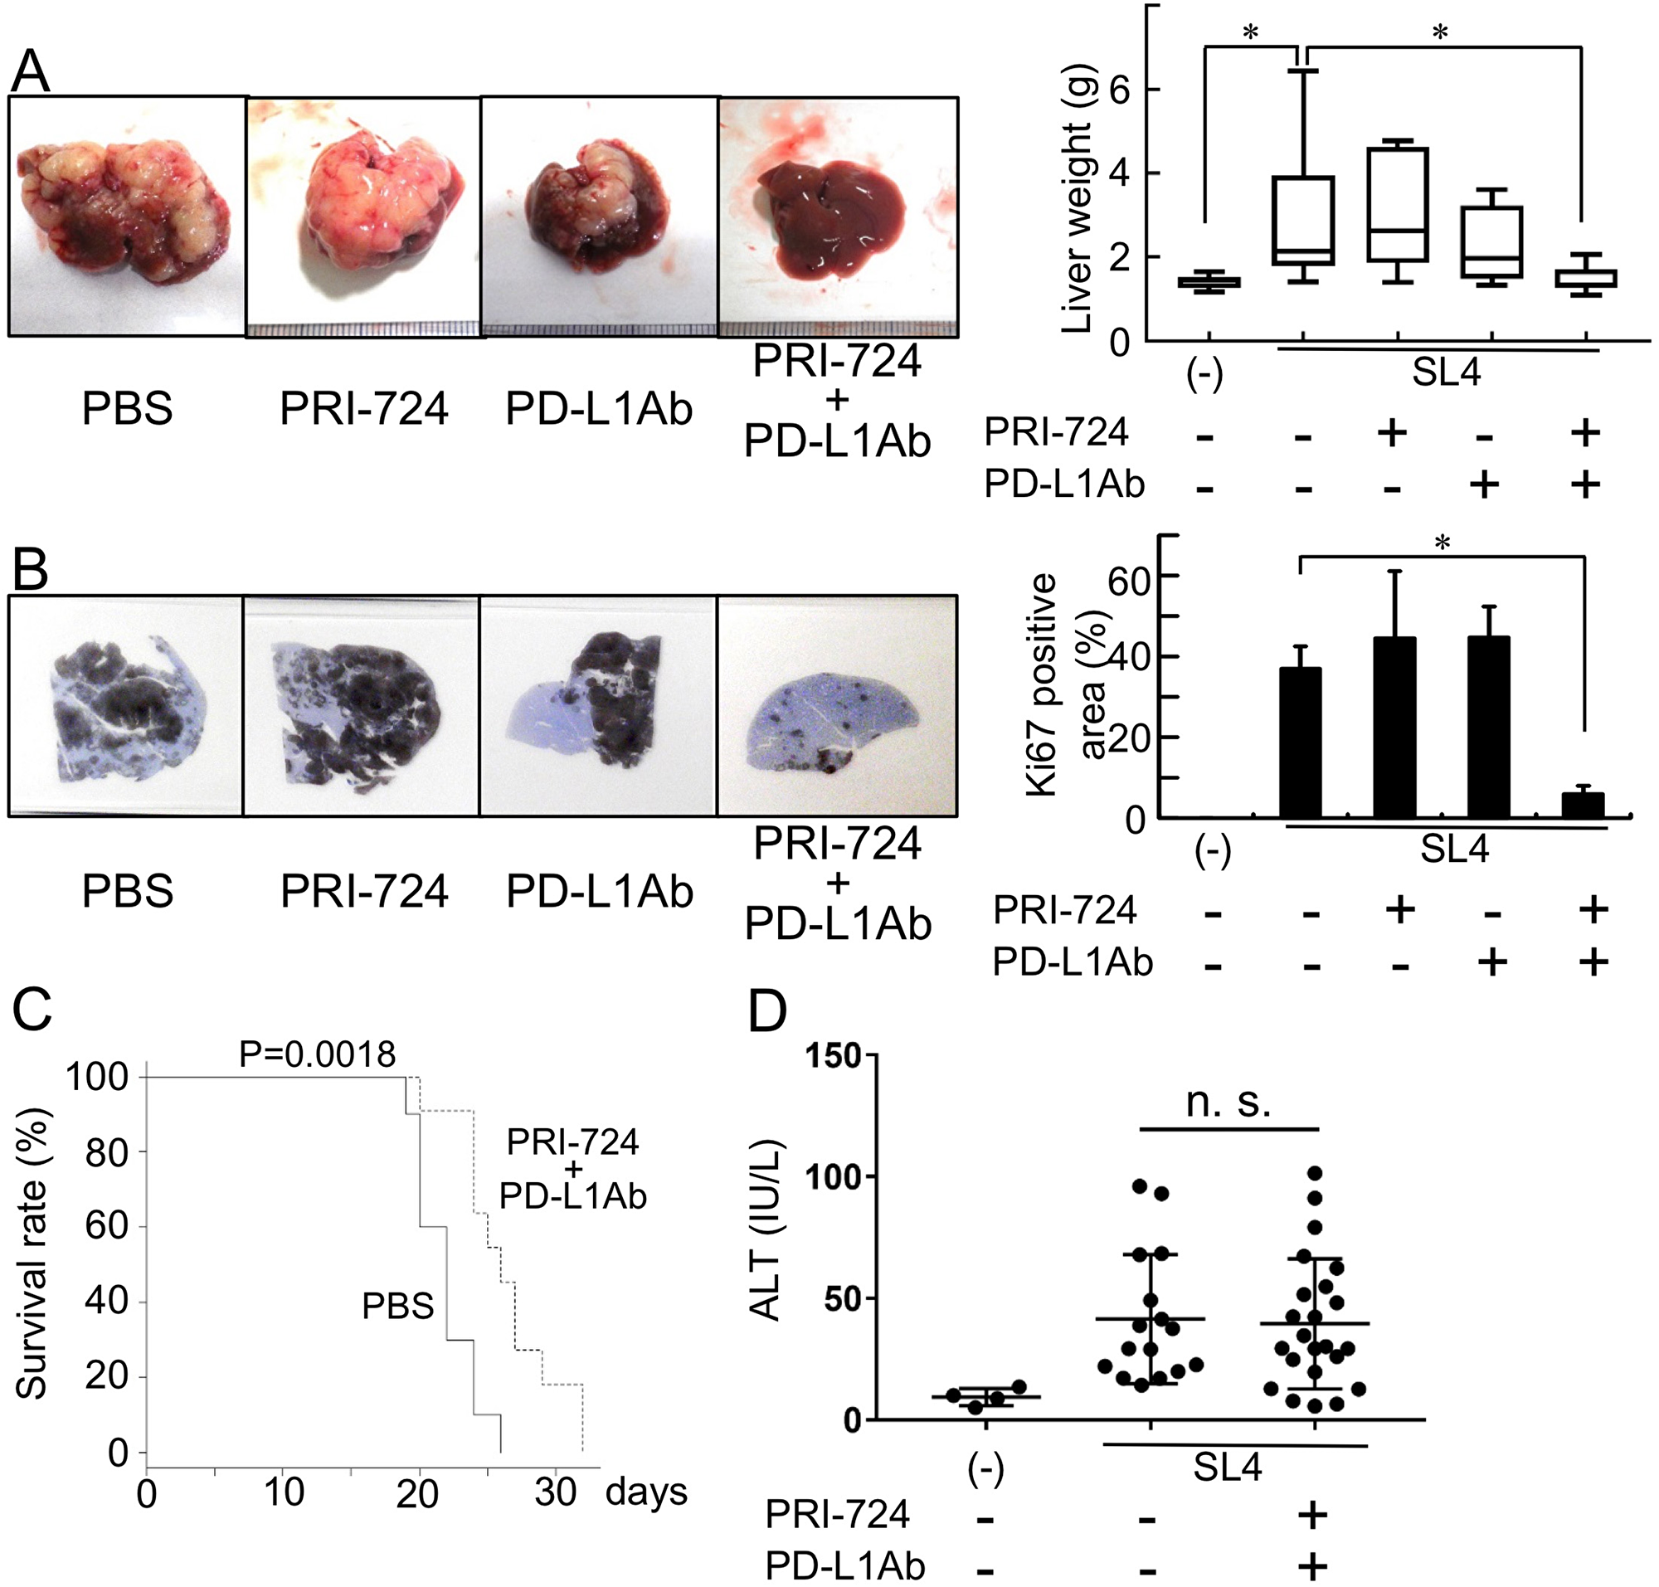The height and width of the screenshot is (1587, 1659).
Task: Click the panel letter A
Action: click(30, 72)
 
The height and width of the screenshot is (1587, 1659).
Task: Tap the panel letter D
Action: click(767, 1012)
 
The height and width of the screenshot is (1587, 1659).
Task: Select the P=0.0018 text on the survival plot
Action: click(317, 1054)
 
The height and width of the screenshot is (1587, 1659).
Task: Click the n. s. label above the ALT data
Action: click(1228, 1103)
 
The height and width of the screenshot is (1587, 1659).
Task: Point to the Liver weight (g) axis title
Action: click(1075, 199)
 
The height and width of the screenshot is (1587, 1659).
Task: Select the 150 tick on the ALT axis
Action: click(833, 1056)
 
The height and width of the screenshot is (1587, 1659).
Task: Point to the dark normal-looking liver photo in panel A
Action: click(837, 217)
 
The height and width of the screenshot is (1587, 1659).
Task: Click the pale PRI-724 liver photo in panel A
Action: click(364, 217)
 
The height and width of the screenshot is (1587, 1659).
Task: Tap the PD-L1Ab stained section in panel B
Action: click(598, 705)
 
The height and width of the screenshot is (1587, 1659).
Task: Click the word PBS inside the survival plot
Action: click(397, 1306)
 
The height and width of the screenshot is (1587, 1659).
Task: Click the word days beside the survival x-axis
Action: click(646, 1491)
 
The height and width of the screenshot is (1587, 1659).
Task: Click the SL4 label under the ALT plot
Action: click(1227, 1468)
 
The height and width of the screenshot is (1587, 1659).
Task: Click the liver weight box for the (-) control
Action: click(1204, 283)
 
